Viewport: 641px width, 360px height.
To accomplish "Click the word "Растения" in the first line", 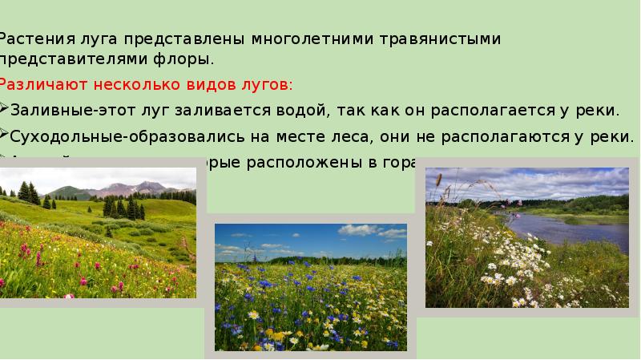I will [x=35, y=39].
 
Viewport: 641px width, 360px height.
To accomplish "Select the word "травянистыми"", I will [x=453, y=39].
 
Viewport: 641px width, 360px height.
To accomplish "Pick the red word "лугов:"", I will [x=266, y=84].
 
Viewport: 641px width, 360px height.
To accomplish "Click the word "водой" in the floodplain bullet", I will [x=300, y=110].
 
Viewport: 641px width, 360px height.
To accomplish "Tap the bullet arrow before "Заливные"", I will [x=4, y=110].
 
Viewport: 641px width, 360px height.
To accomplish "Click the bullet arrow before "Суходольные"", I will [x=4, y=136].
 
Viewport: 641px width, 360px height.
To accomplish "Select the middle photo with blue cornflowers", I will [x=310, y=287].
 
